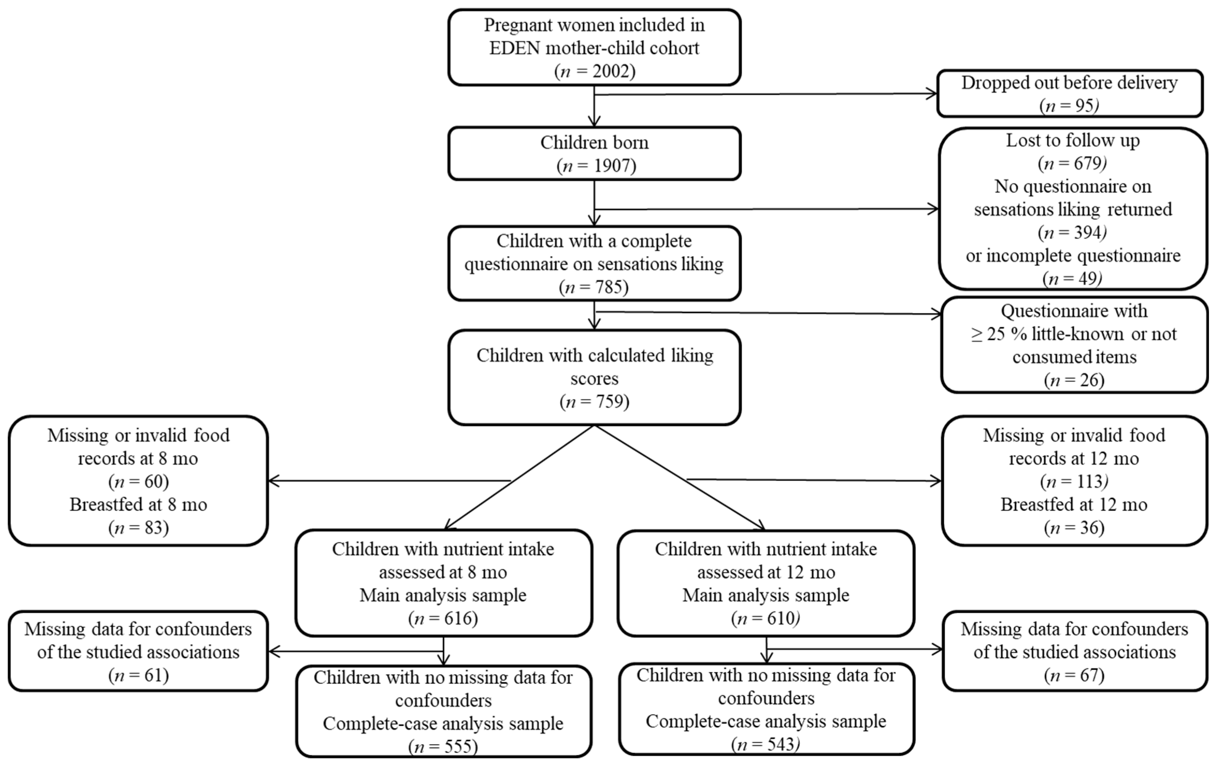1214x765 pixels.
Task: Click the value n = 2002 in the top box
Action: tap(594, 71)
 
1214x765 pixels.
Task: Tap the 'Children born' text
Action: tap(594, 143)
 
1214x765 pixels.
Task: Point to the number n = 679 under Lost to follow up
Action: tap(1072, 163)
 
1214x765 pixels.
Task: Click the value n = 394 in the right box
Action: tap(1072, 232)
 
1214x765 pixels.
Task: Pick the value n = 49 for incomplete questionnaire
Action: tap(1072, 278)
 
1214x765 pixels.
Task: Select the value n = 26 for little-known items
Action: tap(1074, 380)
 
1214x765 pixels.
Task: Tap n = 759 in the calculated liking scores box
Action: tap(594, 402)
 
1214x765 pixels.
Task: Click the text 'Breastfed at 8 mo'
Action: tap(138, 504)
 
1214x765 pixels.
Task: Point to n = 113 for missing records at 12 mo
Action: tap(1074, 482)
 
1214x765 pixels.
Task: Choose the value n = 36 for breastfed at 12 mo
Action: tap(1074, 528)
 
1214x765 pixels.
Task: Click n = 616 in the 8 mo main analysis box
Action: tap(443, 618)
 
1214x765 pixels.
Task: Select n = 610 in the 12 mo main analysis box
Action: tap(766, 618)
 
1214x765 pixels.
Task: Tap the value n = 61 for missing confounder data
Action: tap(138, 675)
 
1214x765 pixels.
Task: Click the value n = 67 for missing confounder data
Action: tap(1074, 675)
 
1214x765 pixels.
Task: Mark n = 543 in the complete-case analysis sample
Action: tap(766, 744)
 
